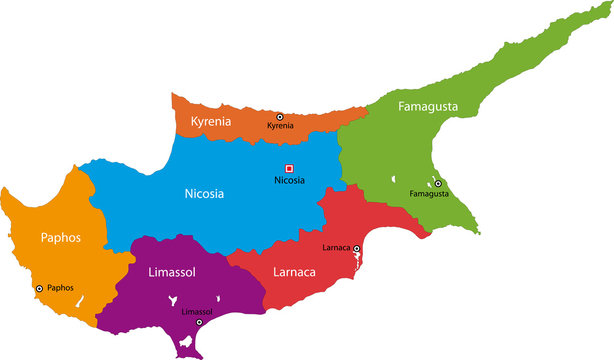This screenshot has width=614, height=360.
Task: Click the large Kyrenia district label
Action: (x=217, y=121)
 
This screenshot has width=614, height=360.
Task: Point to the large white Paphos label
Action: (x=61, y=238)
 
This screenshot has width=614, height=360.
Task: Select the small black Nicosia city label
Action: (x=289, y=180)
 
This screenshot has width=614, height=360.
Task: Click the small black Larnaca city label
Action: (x=338, y=247)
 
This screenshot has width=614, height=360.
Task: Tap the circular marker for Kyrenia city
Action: (x=280, y=117)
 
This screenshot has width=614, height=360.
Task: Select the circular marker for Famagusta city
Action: (x=438, y=184)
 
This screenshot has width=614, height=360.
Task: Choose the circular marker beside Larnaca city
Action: (x=357, y=248)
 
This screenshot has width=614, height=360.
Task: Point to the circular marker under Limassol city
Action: (x=197, y=322)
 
